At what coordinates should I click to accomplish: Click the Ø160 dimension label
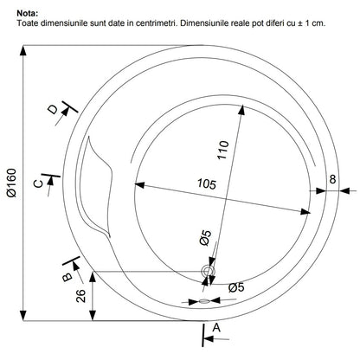click(x=12, y=183)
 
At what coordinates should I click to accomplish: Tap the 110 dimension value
click(x=223, y=150)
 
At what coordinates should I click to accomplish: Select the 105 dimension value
click(x=207, y=183)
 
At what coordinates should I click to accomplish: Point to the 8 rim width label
click(x=332, y=179)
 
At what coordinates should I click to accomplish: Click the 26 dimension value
click(x=81, y=296)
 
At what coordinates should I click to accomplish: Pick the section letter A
click(x=216, y=328)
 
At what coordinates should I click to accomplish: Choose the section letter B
click(x=67, y=277)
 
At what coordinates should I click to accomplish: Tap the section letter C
click(x=38, y=183)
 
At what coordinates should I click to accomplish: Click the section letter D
click(x=53, y=110)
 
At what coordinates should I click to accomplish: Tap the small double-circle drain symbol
click(x=208, y=271)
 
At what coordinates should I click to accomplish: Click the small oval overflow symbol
click(x=203, y=301)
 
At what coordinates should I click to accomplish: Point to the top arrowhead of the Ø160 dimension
click(x=23, y=51)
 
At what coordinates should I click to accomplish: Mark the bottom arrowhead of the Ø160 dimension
click(x=23, y=315)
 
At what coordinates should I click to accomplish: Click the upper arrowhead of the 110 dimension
click(x=241, y=110)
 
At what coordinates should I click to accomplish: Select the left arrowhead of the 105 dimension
click(x=139, y=184)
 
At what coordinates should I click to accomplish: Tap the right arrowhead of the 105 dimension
click(x=305, y=212)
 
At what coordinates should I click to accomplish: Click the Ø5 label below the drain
click(x=236, y=287)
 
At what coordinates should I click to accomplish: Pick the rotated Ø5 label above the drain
click(x=205, y=238)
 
